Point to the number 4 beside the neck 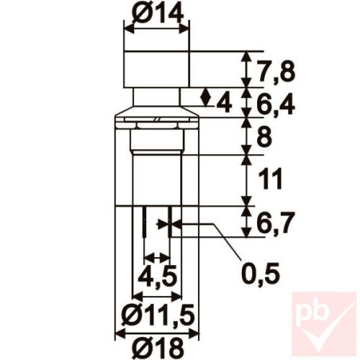click(224, 104)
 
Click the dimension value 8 click(265, 138)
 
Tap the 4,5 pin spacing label click(157, 277)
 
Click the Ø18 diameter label click(156, 344)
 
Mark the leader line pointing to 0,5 click(223, 241)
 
